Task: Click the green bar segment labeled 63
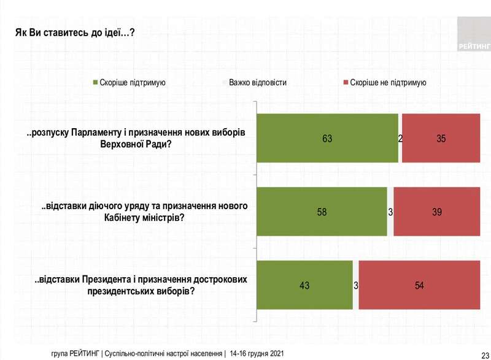click(327, 139)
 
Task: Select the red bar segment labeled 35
click(441, 139)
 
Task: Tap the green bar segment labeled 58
click(322, 212)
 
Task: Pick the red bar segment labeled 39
click(436, 212)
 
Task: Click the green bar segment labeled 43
click(304, 285)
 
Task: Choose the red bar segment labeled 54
click(419, 285)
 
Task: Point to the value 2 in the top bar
click(400, 139)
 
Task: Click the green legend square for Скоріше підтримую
click(95, 82)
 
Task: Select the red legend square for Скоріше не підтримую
click(346, 82)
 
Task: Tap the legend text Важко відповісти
click(257, 82)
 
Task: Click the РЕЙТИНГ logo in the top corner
click(473, 34)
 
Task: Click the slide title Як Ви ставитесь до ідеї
click(74, 32)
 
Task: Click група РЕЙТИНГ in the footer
click(76, 354)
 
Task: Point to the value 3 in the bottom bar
click(355, 285)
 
